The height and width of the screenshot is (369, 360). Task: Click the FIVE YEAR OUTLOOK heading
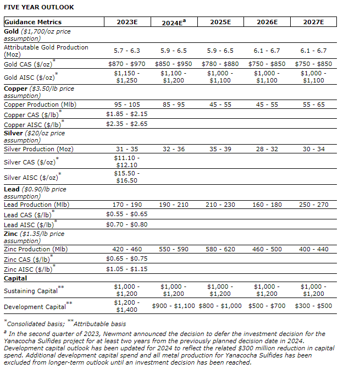pos(38,7)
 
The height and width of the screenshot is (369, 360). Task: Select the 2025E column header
pos(221,22)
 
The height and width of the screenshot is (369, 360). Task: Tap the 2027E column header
pos(314,22)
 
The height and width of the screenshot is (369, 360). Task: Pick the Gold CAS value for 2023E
pos(127,64)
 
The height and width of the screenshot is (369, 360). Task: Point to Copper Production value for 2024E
pos(174,104)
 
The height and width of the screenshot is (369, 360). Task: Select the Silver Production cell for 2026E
pos(267,149)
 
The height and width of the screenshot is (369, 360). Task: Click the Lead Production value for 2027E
pos(314,205)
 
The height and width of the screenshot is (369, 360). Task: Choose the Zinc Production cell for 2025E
pos(221,249)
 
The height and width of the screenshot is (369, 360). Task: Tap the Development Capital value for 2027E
pos(314,306)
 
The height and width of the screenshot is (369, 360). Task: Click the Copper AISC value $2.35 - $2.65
pos(127,124)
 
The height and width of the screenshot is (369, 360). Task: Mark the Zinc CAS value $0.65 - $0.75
pos(127,258)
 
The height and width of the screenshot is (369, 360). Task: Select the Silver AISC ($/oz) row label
pos(31,177)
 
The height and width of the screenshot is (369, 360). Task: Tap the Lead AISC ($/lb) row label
pos(30,224)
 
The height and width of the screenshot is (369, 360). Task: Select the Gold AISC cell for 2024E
pos(174,76)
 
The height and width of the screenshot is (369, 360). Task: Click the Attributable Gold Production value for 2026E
pos(267,51)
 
